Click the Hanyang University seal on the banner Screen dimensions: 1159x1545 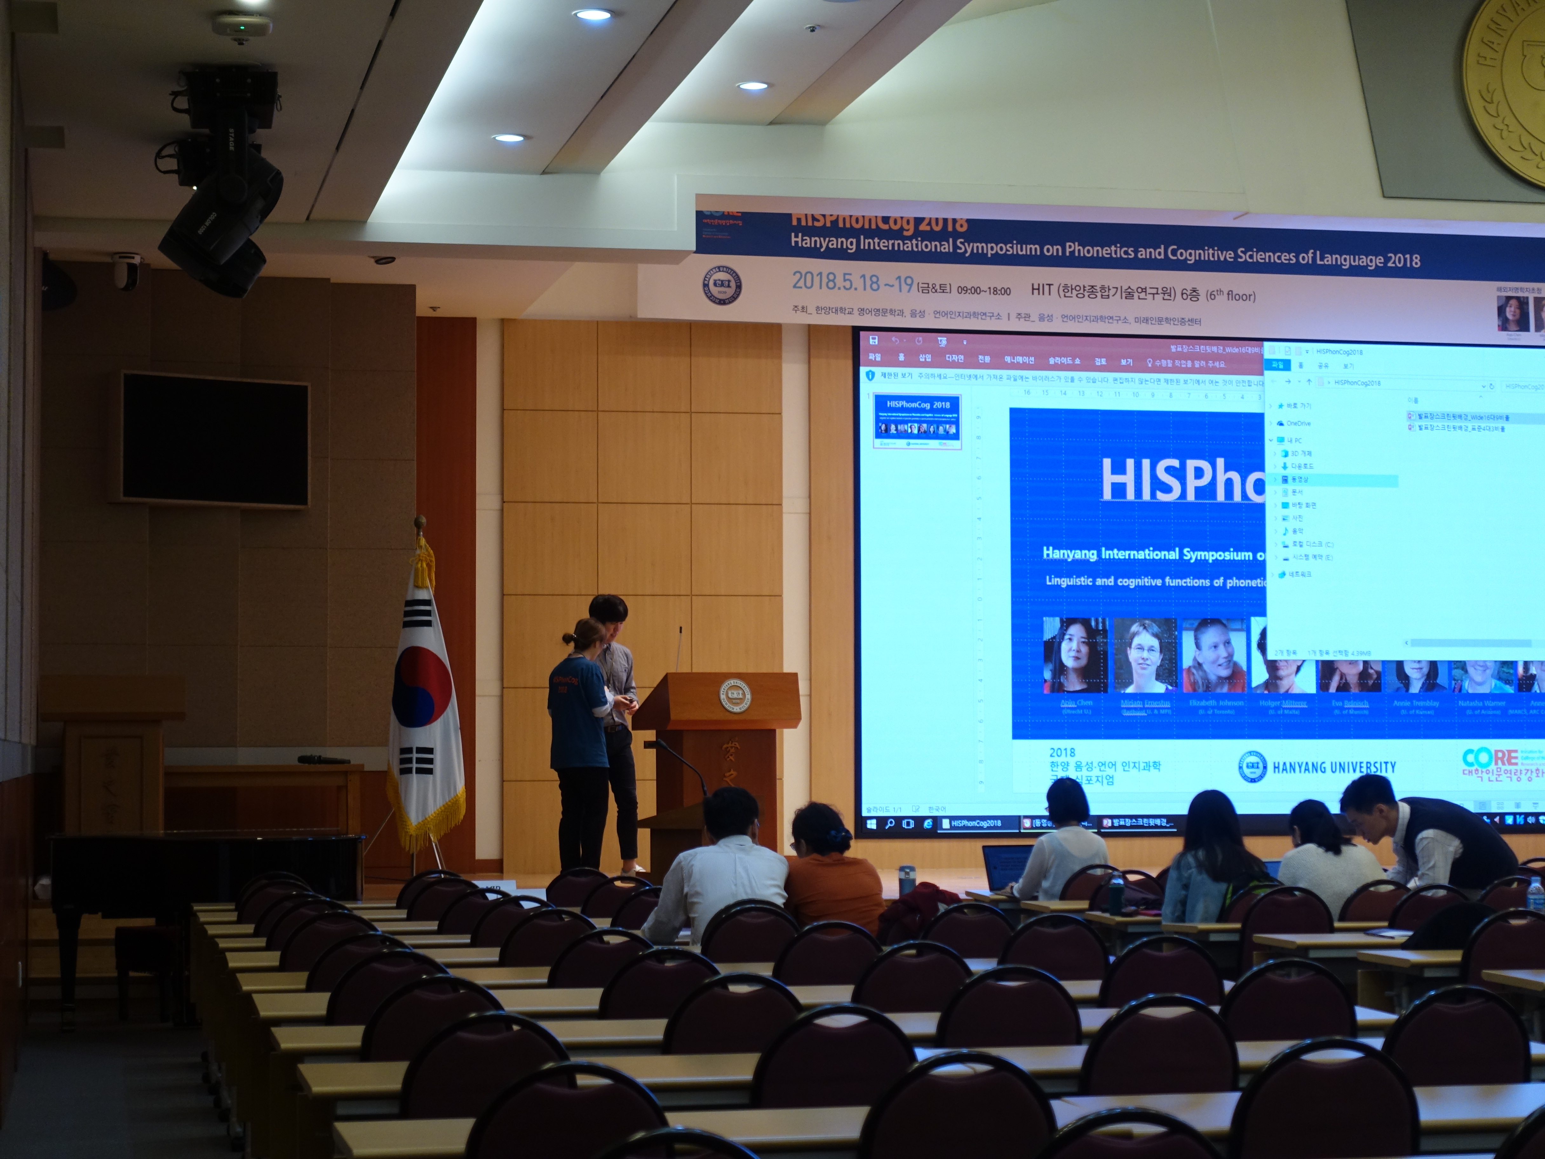coord(721,287)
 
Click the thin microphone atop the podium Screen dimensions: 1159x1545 coord(679,650)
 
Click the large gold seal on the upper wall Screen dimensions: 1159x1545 coord(1509,91)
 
